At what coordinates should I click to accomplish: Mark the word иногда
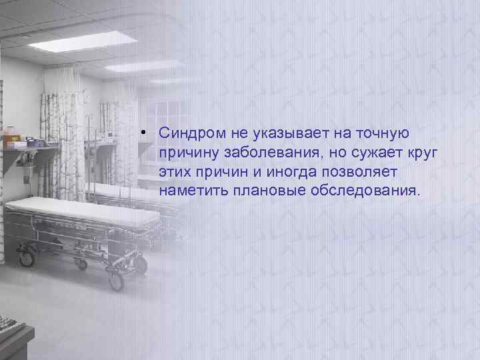[288, 172]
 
